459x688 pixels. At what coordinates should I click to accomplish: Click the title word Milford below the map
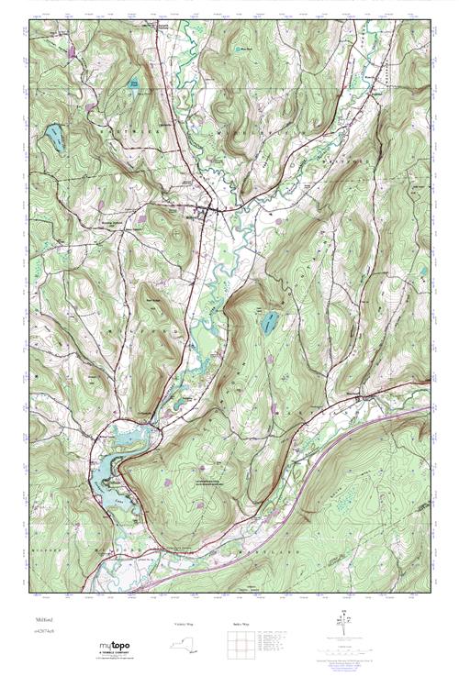pyautogui.click(x=47, y=621)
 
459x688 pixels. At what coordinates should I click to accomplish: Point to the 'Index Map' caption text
pyautogui.click(x=238, y=625)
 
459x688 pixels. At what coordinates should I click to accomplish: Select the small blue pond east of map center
pyautogui.click(x=270, y=323)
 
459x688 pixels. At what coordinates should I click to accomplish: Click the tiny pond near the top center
pyautogui.click(x=241, y=48)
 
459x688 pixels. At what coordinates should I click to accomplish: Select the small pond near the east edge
pyautogui.click(x=423, y=272)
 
